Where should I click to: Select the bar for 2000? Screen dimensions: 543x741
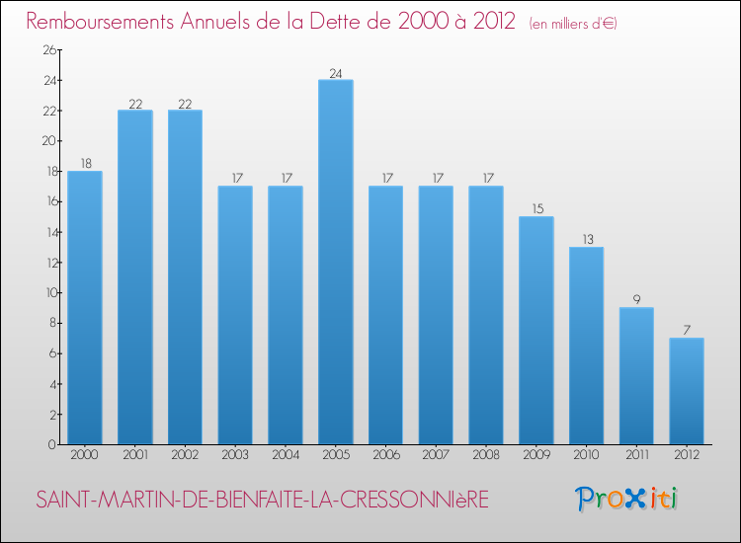[85, 307]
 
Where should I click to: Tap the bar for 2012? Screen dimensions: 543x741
[687, 391]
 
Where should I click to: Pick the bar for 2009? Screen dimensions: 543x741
[536, 330]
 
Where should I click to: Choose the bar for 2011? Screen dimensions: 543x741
[636, 375]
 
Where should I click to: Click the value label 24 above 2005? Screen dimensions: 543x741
[336, 72]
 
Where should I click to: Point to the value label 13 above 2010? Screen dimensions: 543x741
[586, 239]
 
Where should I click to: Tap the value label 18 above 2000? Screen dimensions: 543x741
[85, 163]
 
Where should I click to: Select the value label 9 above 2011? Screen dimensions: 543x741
[636, 300]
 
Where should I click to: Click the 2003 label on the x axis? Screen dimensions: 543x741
[235, 455]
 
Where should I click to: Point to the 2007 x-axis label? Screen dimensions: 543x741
[436, 455]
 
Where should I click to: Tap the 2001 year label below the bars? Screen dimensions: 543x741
[134, 455]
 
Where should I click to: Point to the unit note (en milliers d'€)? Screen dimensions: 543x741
[573, 23]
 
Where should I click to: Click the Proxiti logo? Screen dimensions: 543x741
[626, 499]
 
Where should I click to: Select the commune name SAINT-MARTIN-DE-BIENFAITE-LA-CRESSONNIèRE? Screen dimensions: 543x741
[262, 501]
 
